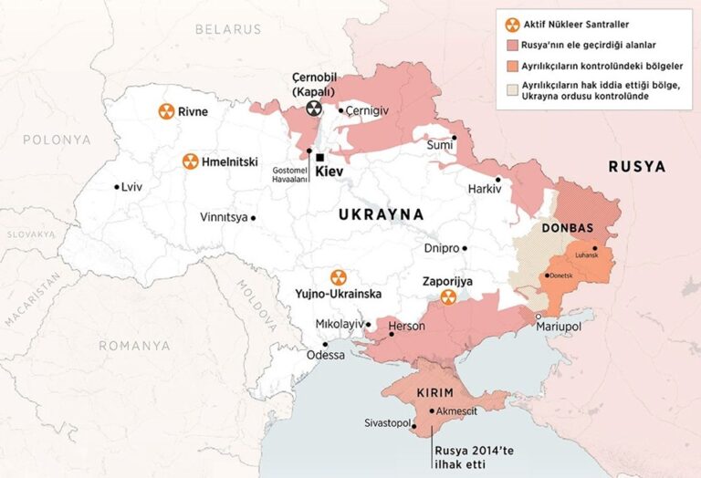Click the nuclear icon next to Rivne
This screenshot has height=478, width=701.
166,111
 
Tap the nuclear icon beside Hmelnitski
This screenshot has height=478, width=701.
190,161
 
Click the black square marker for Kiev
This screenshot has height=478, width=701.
319,157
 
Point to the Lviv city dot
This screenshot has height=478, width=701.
117,187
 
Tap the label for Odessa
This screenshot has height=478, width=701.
326,355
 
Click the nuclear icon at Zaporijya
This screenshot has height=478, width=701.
447,298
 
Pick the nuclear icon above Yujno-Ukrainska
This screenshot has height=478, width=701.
338,277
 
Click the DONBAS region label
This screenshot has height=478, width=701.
568,228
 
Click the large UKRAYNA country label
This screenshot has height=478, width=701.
381,214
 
